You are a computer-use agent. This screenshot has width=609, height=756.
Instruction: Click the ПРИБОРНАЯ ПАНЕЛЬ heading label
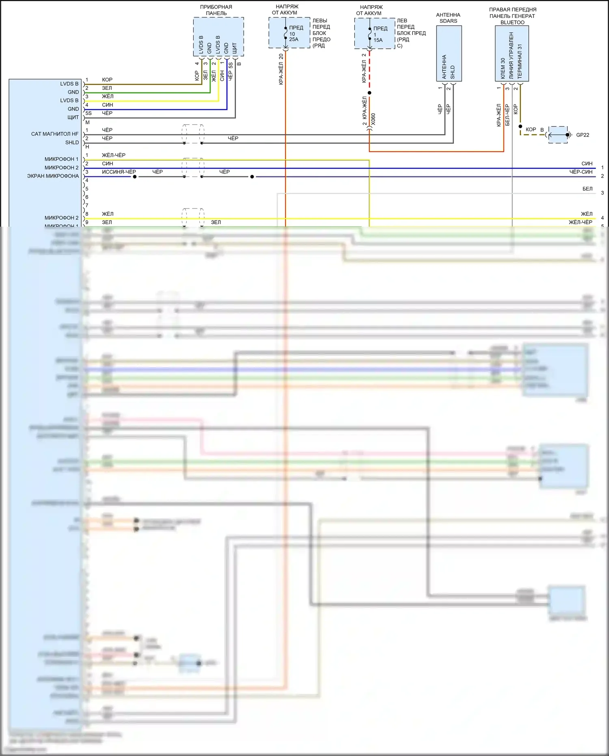(x=216, y=10)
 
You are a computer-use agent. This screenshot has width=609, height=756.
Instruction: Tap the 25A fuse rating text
(x=294, y=39)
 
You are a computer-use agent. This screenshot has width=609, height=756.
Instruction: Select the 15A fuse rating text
(x=378, y=40)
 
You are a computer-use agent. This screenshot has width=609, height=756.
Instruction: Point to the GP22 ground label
(x=583, y=135)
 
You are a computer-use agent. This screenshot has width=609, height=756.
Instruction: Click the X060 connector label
(x=373, y=119)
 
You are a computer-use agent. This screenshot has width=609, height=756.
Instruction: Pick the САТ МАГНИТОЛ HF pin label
(x=55, y=134)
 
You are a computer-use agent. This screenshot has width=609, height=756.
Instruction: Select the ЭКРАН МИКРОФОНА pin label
(x=53, y=176)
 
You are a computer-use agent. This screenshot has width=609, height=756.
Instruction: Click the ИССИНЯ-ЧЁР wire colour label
(x=119, y=172)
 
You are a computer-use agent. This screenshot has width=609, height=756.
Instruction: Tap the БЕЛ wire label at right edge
(x=587, y=189)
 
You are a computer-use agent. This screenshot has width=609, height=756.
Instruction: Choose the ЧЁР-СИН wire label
(x=581, y=172)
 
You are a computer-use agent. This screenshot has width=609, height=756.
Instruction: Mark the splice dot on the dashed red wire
(x=369, y=93)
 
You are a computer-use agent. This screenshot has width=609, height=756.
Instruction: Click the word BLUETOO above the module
(x=512, y=23)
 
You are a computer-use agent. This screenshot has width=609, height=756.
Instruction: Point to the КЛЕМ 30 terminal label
(x=503, y=68)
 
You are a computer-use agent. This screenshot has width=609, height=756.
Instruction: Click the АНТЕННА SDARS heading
(x=448, y=18)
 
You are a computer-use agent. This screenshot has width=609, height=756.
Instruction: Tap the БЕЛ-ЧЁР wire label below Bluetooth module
(x=507, y=115)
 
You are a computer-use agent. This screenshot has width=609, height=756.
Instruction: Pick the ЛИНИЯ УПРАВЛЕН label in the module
(x=511, y=56)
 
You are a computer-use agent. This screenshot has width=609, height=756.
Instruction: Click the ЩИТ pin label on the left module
(x=73, y=117)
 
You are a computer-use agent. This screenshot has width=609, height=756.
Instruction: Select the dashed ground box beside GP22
(x=558, y=135)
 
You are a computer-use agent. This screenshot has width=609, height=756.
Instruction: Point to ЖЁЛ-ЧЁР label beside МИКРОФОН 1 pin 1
(x=114, y=155)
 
